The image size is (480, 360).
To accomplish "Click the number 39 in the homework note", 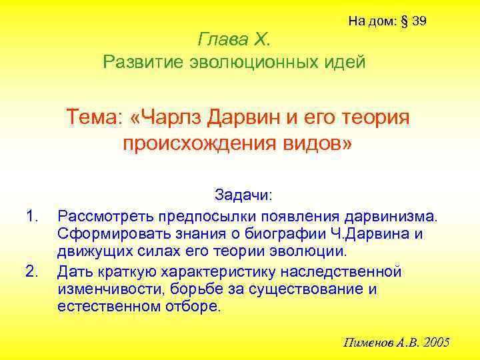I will point(419,21).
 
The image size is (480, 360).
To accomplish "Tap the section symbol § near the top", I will point(404,21).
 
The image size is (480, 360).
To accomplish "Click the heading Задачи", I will point(243,195).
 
